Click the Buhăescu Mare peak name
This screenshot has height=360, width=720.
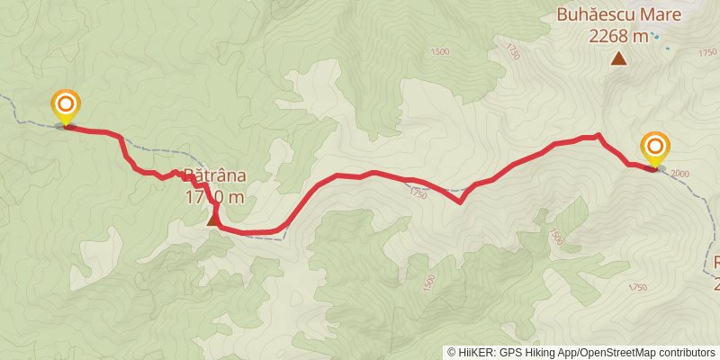pyautogui.click(x=618, y=14)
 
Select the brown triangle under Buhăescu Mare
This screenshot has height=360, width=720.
pyautogui.click(x=618, y=59)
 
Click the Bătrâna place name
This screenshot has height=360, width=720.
pyautogui.click(x=214, y=175)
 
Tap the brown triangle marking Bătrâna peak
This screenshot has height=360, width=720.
pyautogui.click(x=214, y=219)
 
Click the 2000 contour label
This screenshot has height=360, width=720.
pyautogui.click(x=679, y=174)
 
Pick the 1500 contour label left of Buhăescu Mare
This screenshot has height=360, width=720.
pyautogui.click(x=439, y=52)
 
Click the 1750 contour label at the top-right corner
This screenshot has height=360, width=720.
pyautogui.click(x=706, y=53)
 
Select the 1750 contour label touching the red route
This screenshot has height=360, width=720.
pyautogui.click(x=418, y=193)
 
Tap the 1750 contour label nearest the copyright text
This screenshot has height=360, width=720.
pyautogui.click(x=637, y=288)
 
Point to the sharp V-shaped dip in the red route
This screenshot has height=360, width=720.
pyautogui.click(x=461, y=202)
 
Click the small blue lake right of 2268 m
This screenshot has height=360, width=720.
pyautogui.click(x=656, y=36)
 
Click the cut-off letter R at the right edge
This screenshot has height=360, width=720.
pyautogui.click(x=716, y=263)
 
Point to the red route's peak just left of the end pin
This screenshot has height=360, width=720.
pyautogui.click(x=598, y=136)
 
